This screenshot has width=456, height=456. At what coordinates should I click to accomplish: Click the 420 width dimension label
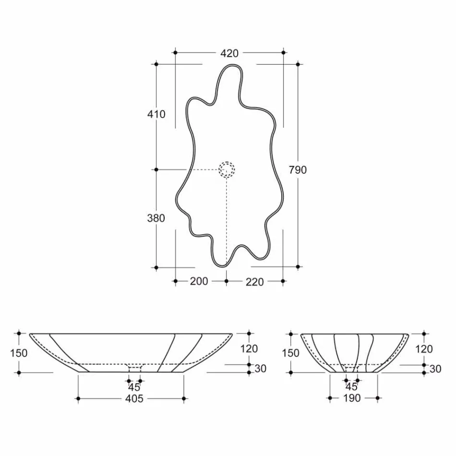(x=229, y=53)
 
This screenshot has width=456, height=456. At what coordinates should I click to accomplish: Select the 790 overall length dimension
(x=298, y=170)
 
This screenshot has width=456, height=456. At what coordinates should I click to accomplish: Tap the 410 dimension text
(x=156, y=114)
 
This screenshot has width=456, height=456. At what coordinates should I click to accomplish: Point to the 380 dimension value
(x=156, y=218)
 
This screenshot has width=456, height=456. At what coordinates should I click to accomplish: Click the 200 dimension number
(x=199, y=281)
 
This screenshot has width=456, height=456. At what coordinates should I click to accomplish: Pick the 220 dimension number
(x=254, y=282)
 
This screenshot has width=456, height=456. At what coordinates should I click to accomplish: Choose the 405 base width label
(x=134, y=399)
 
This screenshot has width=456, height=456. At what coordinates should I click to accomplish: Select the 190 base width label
(x=352, y=398)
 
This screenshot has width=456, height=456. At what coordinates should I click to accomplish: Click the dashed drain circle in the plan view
(x=227, y=169)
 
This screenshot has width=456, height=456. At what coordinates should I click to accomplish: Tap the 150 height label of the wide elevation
(x=19, y=353)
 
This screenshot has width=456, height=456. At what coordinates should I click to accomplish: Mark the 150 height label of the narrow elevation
(x=291, y=353)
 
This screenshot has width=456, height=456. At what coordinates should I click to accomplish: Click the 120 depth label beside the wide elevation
(x=249, y=349)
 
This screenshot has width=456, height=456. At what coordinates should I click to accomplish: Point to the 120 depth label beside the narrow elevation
(x=424, y=349)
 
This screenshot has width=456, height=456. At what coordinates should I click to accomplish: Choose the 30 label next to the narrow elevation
(x=435, y=369)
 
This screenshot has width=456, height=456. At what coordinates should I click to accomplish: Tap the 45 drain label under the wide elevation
(x=134, y=387)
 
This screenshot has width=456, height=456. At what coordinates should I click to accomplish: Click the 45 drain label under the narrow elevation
(x=352, y=386)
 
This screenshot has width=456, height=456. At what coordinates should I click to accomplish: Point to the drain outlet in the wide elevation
(x=135, y=367)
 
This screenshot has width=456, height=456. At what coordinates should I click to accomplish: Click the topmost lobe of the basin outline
(x=229, y=72)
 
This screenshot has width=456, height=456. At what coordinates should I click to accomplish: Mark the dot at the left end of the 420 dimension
(x=176, y=52)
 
